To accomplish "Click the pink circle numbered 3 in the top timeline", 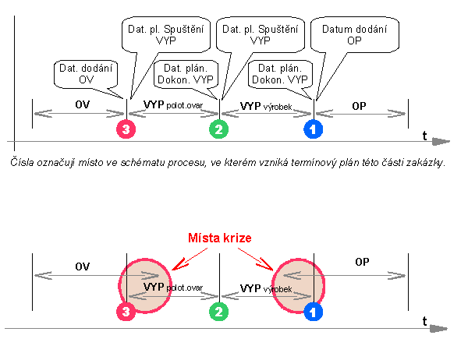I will [x=127, y=129].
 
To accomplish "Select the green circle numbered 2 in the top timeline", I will [x=220, y=129].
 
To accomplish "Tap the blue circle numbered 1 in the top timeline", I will [x=314, y=129].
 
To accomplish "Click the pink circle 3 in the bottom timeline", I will [x=127, y=312].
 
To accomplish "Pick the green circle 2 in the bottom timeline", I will [x=220, y=312].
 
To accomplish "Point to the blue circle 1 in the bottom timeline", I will [x=314, y=312].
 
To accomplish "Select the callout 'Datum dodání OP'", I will [x=354, y=35].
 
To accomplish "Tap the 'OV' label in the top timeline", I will [x=81, y=104].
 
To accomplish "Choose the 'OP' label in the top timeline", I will [x=360, y=104].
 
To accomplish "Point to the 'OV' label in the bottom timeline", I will [x=82, y=266].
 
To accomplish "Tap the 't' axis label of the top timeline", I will [x=424, y=136].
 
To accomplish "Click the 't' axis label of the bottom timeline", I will [x=424, y=320].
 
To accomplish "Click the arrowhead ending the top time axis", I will [x=441, y=143].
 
